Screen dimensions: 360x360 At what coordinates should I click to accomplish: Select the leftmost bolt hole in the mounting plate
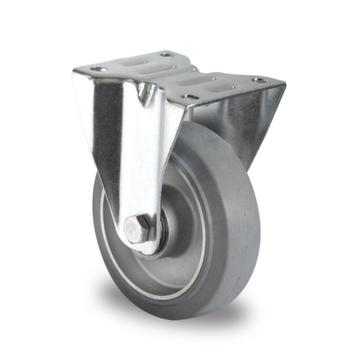click(99, 69)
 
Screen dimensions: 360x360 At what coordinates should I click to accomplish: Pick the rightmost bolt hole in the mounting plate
click(258, 79)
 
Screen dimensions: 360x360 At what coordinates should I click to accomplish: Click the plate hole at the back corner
click(166, 54)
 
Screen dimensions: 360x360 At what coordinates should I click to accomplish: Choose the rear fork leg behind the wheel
click(248, 130)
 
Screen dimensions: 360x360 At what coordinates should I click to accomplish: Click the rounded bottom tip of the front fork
click(144, 248)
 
